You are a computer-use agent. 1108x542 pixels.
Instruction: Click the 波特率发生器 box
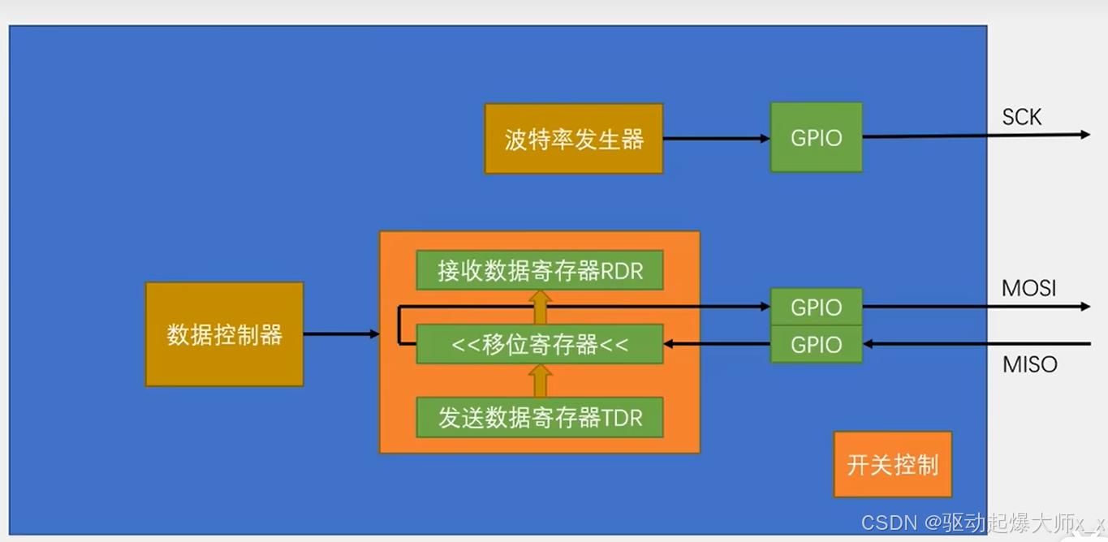point(574,139)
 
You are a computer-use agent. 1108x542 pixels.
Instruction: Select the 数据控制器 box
point(224,334)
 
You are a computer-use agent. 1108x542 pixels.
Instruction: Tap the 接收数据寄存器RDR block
point(540,270)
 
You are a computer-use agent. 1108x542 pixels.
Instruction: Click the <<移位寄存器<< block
point(540,344)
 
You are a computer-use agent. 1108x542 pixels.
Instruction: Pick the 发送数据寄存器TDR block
point(540,417)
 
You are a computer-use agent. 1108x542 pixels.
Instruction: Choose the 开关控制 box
point(892,464)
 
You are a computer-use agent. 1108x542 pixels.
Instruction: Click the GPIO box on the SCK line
point(816,138)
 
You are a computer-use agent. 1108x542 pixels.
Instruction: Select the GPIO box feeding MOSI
point(816,308)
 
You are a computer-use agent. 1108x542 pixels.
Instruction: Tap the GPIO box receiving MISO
point(816,345)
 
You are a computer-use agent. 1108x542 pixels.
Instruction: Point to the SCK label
point(1021,118)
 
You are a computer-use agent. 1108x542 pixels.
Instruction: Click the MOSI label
point(1028,288)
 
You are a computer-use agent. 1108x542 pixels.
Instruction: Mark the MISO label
point(1030,365)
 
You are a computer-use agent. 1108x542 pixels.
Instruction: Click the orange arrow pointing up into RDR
point(540,308)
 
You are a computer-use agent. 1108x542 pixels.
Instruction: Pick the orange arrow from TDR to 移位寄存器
point(540,381)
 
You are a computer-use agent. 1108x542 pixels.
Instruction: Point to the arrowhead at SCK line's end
point(1084,135)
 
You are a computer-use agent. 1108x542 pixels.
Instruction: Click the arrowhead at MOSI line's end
point(1084,307)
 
